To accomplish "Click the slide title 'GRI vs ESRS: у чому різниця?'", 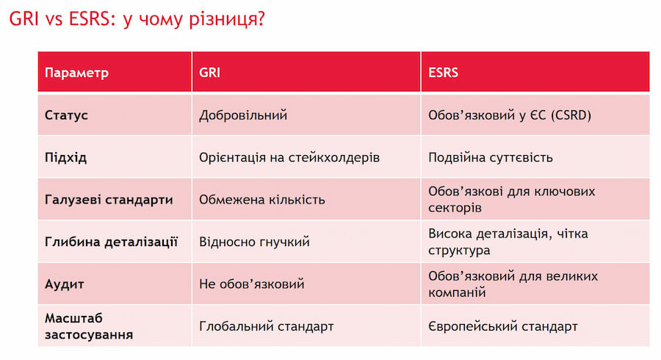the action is [x=137, y=19].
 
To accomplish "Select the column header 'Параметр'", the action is [x=76, y=73].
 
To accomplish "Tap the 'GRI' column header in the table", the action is [x=209, y=73].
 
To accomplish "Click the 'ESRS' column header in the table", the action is [x=443, y=73].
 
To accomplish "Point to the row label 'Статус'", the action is [x=66, y=115].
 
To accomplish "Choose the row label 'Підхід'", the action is [x=66, y=158].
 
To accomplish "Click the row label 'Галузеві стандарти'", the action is [x=109, y=200].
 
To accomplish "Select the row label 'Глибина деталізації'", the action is [x=112, y=242].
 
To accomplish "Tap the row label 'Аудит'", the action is [x=65, y=284].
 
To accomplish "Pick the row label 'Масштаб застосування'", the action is [x=89, y=326].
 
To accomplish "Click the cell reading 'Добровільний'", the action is [x=243, y=115].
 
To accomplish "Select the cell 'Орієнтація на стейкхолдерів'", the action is [x=289, y=158].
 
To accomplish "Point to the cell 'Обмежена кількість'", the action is [x=261, y=199].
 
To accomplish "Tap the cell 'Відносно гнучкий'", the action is [x=254, y=242].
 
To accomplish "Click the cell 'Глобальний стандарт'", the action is [x=267, y=326].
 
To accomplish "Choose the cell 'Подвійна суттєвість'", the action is [x=491, y=158].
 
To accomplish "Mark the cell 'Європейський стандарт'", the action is [x=503, y=326].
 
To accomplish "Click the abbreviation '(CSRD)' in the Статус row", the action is [x=571, y=115].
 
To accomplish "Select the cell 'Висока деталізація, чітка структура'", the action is [x=508, y=242].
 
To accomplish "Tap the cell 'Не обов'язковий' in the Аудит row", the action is [x=252, y=284].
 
